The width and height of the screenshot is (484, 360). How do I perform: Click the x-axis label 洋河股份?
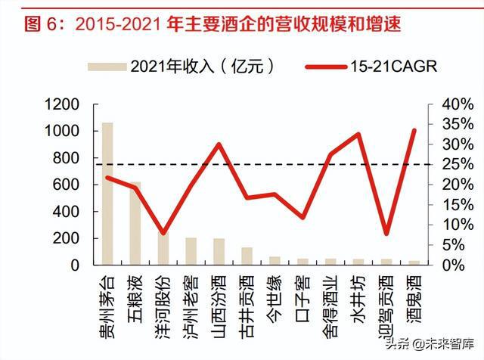click(163, 299)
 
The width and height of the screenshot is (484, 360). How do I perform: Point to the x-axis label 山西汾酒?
click(219, 299)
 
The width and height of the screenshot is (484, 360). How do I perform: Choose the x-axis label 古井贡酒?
click(247, 299)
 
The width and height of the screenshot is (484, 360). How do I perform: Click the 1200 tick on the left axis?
click(65, 104)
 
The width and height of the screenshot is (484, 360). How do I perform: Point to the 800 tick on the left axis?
click(69, 157)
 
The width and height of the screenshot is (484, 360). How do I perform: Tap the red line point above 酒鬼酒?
click(414, 130)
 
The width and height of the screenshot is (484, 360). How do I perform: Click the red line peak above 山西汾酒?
click(219, 144)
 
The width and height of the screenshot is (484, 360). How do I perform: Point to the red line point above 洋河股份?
click(163, 233)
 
